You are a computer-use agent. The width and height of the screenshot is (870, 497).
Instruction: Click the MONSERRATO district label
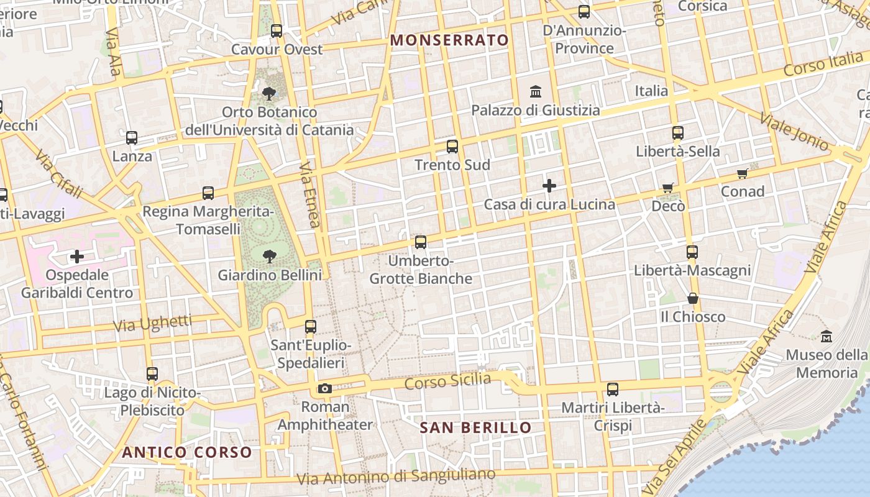coord(449,40)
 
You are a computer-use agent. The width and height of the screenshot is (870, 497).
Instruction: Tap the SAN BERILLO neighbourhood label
coord(475,427)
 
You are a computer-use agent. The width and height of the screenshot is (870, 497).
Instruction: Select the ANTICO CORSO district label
coord(187,452)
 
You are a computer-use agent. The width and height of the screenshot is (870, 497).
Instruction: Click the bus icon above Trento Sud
coord(452,147)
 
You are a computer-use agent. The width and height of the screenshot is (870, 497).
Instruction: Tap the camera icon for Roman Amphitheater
coord(324,389)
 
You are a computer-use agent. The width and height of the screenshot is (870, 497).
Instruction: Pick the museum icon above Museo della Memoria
coord(826,337)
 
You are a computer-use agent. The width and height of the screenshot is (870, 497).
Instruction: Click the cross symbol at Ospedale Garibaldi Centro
coord(77,257)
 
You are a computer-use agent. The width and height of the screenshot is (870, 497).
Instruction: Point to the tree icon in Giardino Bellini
coord(270,255)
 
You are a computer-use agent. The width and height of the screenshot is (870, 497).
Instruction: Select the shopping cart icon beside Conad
coord(742,173)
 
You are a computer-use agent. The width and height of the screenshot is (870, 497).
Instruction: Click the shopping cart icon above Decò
coord(668,188)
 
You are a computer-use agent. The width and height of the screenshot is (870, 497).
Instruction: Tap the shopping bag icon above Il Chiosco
coord(693,299)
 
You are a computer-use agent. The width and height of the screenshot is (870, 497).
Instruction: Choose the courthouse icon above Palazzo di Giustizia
coord(536,93)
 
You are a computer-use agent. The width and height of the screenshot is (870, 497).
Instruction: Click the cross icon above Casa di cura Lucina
coord(549,186)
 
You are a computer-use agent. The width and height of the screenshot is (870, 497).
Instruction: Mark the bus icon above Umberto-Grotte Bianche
coord(421,242)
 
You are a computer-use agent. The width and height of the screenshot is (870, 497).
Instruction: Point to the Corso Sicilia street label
coord(447,381)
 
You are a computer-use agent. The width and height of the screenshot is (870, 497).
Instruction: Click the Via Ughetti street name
coord(152,323)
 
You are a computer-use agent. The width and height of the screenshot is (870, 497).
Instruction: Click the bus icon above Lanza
coord(132,138)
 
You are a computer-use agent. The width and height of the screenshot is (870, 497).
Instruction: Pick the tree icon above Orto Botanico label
coord(269,94)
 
